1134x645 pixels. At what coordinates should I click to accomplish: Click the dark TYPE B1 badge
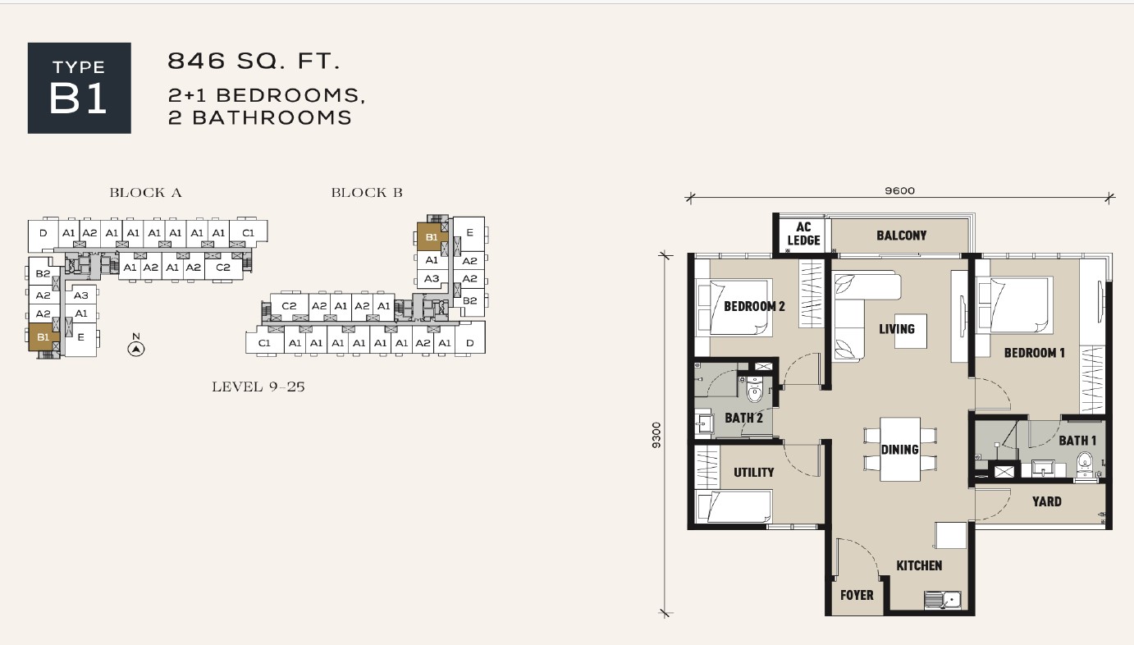(80, 88)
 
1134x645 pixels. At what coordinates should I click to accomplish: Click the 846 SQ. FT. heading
(254, 61)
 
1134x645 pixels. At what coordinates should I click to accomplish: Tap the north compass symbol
(135, 348)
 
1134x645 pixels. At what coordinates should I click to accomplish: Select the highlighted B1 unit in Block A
(43, 337)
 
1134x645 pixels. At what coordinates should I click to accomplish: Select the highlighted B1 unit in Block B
(432, 237)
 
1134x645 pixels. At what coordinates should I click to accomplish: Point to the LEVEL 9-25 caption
(258, 387)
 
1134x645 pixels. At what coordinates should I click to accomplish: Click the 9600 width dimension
(899, 191)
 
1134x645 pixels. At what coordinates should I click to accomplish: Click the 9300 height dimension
(656, 435)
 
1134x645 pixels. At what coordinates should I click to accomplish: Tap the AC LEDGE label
(803, 233)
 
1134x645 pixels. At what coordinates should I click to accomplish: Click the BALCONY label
(902, 236)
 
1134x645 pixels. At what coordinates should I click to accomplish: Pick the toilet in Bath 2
(754, 389)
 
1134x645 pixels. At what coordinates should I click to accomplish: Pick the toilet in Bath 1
(1085, 464)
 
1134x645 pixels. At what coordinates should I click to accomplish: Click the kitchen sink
(942, 599)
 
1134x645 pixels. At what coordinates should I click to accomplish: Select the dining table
(900, 449)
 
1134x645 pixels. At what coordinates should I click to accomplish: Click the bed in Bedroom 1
(1014, 304)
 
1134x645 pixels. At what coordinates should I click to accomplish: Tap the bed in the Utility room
(734, 505)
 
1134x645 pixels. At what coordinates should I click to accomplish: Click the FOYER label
(857, 595)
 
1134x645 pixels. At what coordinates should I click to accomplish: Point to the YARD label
(1047, 501)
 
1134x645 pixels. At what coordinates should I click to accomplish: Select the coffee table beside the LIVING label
(911, 331)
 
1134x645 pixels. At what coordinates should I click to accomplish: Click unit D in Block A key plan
(43, 233)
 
